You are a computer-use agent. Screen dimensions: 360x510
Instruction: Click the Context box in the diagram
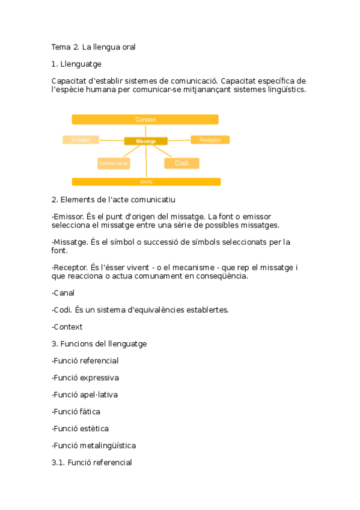(x=145, y=120)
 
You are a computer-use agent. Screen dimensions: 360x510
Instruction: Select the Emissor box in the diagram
(x=81, y=140)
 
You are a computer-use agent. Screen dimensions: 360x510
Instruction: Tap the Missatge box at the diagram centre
(x=146, y=141)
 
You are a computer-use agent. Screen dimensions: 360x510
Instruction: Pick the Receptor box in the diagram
(x=210, y=140)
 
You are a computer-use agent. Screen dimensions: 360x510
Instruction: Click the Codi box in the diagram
(x=182, y=163)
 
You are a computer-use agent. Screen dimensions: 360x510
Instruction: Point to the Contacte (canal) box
(x=114, y=164)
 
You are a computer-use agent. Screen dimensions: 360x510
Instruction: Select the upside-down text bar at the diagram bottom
(x=146, y=182)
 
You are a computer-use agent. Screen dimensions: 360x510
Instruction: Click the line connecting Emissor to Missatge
(x=111, y=141)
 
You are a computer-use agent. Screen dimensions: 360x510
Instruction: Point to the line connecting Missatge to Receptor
(x=179, y=141)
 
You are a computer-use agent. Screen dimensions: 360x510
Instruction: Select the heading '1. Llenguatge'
(x=76, y=63)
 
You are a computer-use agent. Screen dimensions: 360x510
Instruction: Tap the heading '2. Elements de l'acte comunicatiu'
(x=114, y=199)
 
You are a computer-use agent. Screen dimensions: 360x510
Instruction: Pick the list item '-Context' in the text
(x=67, y=327)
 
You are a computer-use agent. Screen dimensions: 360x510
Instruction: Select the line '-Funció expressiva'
(x=85, y=378)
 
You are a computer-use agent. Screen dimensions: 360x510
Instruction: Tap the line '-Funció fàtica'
(x=76, y=411)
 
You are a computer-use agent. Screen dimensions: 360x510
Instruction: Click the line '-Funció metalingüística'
(x=94, y=446)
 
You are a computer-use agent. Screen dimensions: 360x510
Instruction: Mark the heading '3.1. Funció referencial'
(x=91, y=462)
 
